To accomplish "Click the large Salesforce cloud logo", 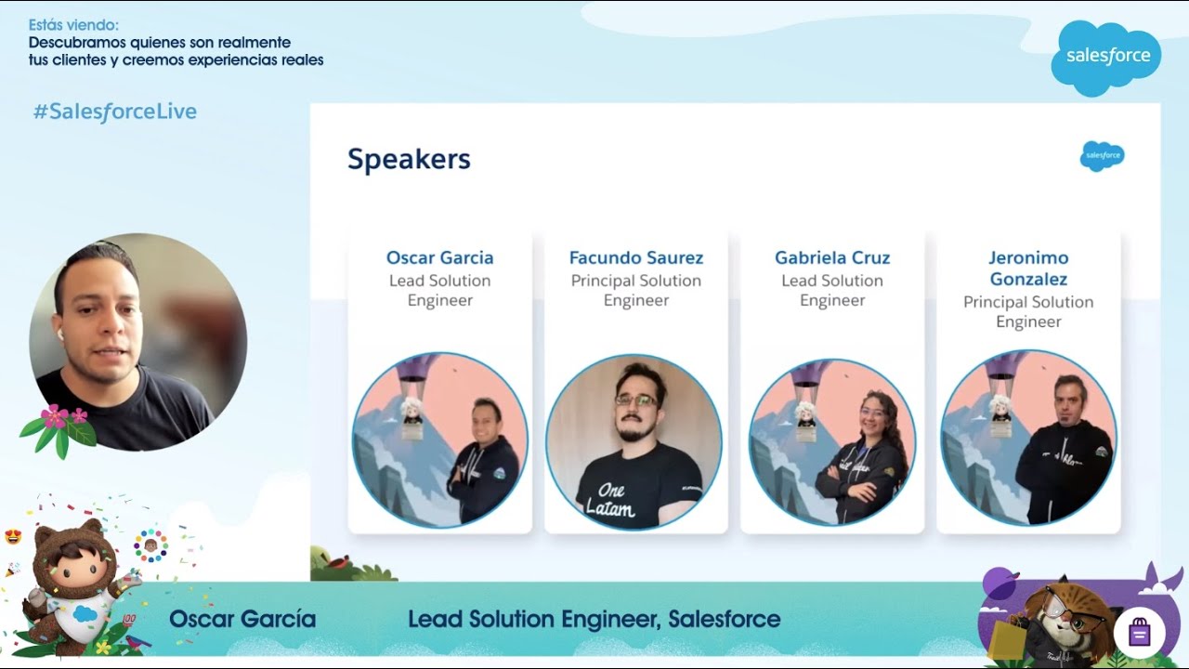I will click(1106, 57).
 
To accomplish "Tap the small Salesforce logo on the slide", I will click(1103, 156).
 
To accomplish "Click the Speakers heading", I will click(409, 160).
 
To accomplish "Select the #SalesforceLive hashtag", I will click(115, 112).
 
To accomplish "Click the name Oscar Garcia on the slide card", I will click(439, 258).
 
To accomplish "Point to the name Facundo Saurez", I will click(636, 258).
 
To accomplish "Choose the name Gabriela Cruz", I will click(832, 258).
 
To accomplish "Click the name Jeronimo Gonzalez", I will click(1028, 269).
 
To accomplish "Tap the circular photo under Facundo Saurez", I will click(634, 442).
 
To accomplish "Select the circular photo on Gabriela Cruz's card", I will click(832, 442).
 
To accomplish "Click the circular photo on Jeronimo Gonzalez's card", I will click(1028, 439).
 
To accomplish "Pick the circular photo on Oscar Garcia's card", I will click(439, 440).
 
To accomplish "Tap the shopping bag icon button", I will click(1140, 633).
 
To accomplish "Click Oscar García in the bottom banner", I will click(242, 620).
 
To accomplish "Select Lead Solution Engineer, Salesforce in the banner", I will click(594, 620).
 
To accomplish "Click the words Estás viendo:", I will click(73, 25).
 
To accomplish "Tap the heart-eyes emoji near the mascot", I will click(13, 536).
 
